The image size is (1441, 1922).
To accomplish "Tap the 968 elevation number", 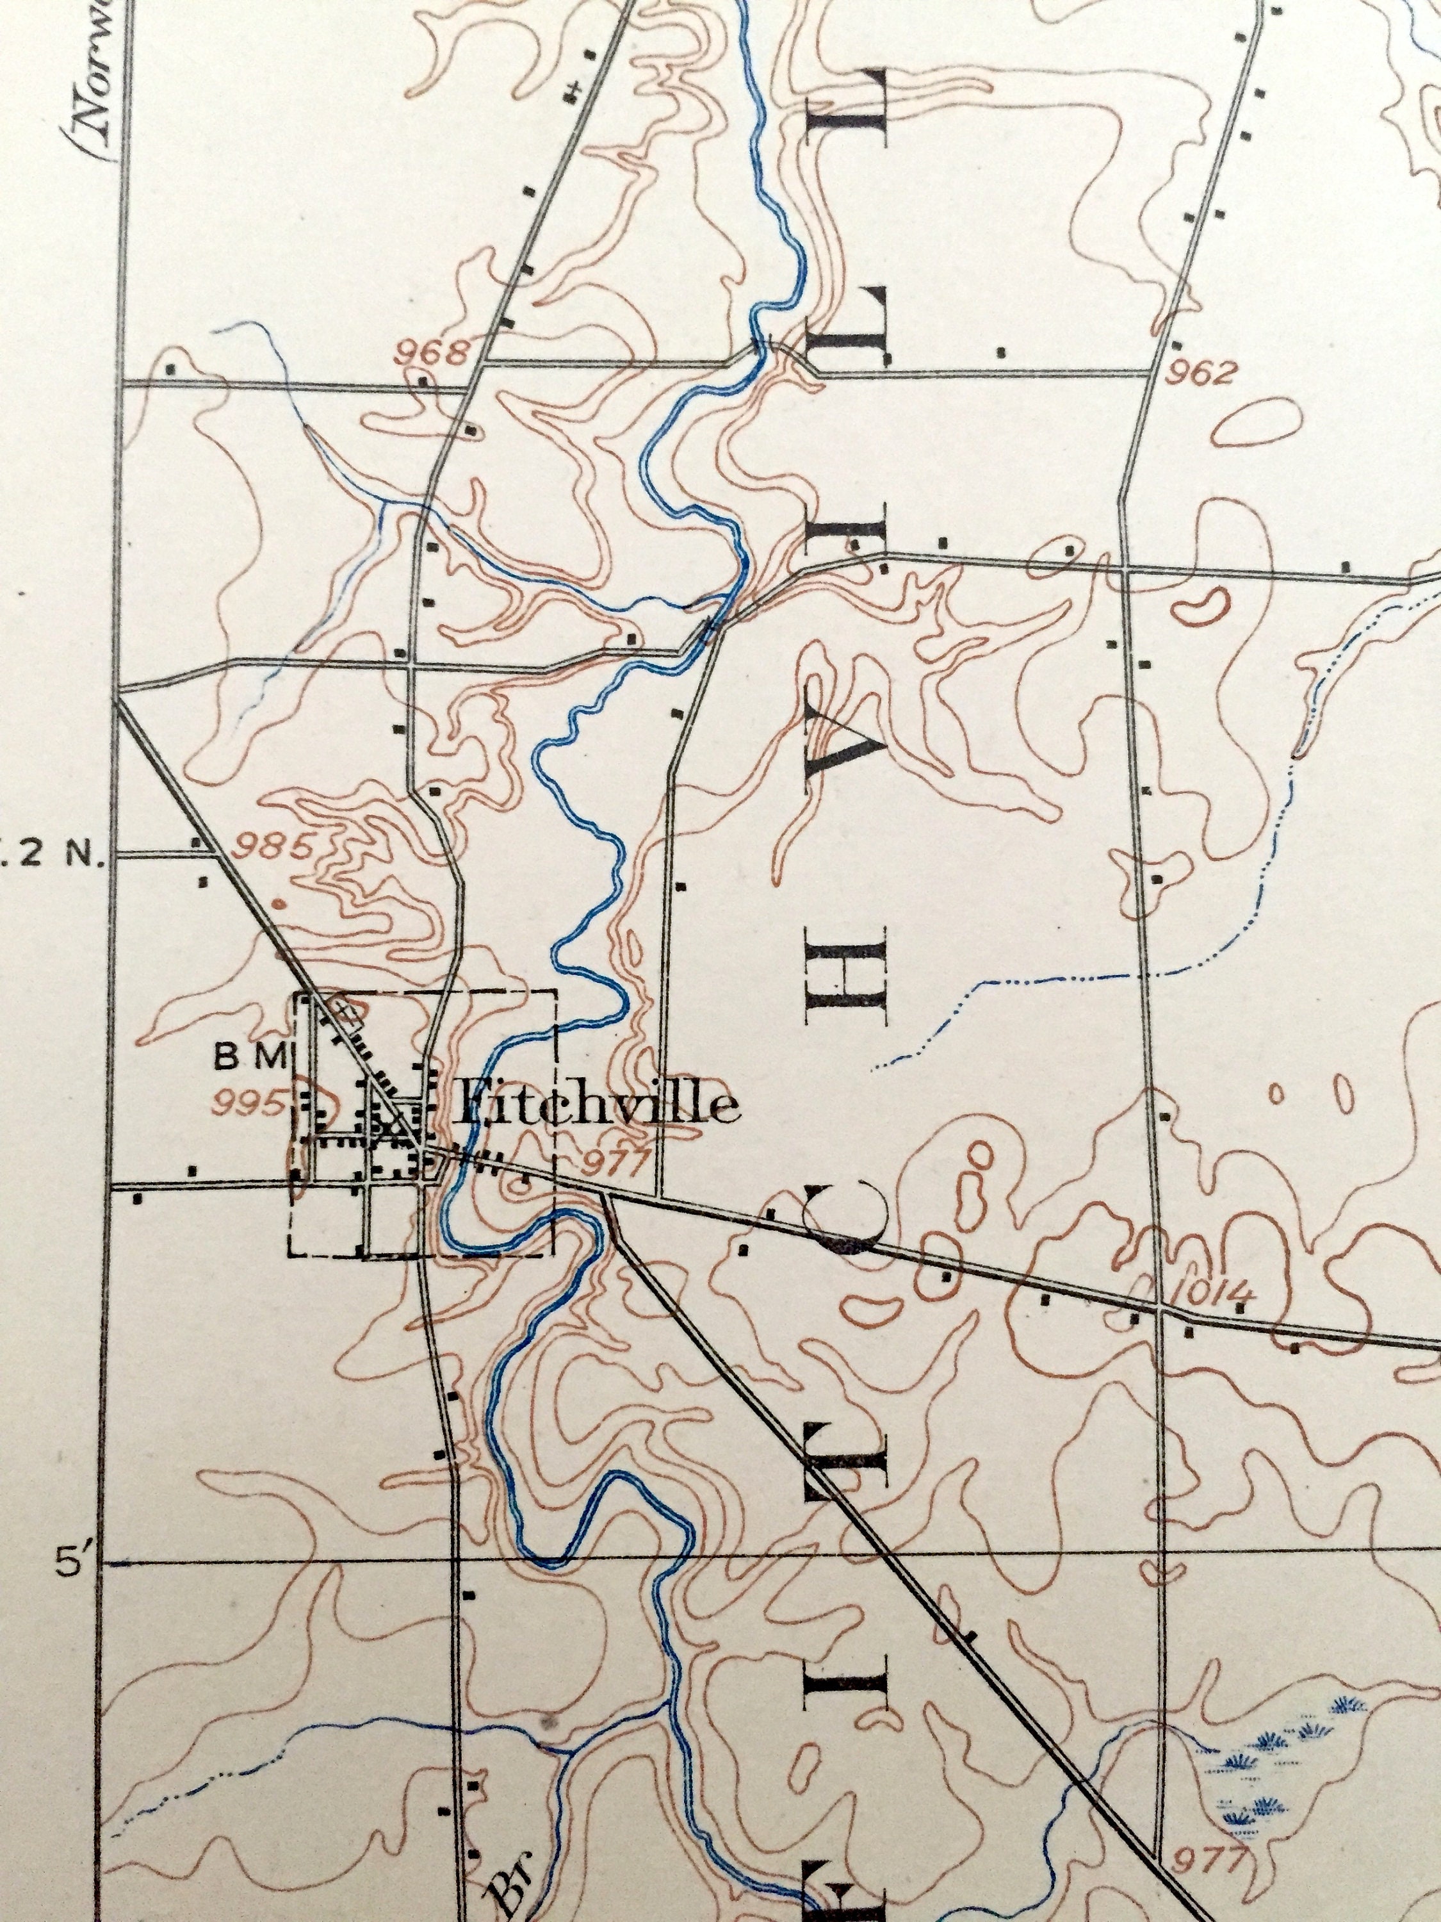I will point(432,353).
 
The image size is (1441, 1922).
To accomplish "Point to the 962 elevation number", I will point(1200,374).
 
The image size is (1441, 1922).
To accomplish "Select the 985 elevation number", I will point(273,846).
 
